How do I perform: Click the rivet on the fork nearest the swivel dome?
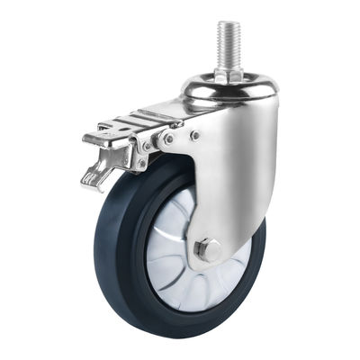click(195, 136)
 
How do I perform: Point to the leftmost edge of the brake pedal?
click(83, 141)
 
